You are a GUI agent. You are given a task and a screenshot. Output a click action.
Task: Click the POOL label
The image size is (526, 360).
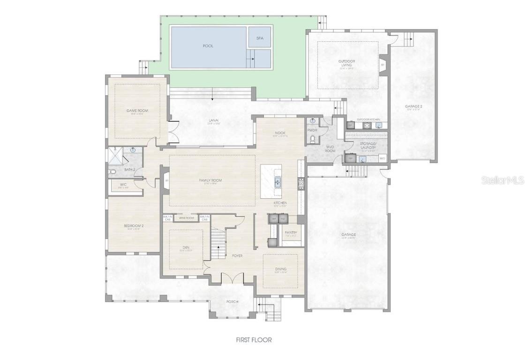click(208, 46)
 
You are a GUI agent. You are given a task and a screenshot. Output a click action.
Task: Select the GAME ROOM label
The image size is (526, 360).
click(137, 111)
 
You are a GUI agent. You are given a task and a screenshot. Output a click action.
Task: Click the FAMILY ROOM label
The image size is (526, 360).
click(210, 180)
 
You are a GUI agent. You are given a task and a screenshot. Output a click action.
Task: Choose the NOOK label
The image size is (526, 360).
click(280, 133)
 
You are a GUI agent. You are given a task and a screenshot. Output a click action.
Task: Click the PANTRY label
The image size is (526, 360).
click(291, 232)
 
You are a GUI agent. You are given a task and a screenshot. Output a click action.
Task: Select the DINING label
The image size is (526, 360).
click(281, 269)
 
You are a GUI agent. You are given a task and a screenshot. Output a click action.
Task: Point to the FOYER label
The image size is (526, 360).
click(237, 255)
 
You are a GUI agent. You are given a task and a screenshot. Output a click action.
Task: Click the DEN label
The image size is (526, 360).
click(186, 247)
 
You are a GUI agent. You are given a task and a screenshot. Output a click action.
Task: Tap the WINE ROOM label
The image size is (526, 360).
click(187, 218)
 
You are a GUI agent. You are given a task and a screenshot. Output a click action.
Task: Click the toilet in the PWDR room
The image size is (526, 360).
click(313, 138)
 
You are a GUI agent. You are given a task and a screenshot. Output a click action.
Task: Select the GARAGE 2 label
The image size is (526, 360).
click(413, 107)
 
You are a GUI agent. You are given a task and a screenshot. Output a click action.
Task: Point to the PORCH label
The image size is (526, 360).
click(232, 301)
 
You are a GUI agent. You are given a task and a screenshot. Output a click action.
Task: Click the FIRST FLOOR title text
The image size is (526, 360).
click(254, 340)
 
